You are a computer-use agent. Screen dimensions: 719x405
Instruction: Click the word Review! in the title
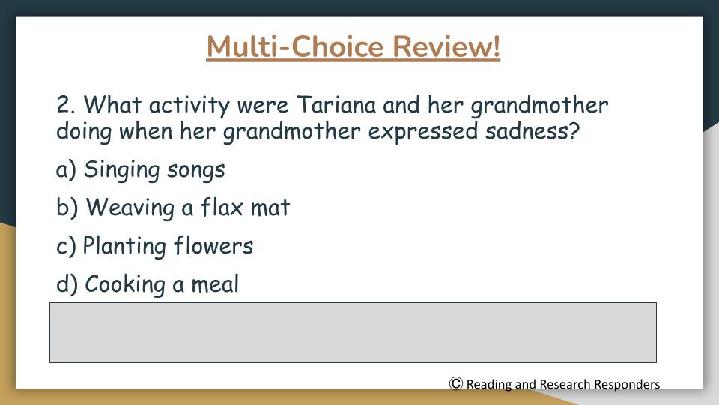(446, 46)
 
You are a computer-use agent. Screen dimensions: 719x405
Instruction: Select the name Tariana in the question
(336, 105)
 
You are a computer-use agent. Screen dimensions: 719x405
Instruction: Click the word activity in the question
(189, 106)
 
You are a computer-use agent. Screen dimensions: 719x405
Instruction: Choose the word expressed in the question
(422, 133)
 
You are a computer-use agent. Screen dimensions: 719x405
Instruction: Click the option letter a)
(66, 169)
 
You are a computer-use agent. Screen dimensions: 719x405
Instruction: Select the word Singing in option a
(121, 170)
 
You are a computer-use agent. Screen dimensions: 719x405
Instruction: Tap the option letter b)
(67, 208)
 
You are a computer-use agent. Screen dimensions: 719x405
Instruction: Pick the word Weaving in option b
(130, 208)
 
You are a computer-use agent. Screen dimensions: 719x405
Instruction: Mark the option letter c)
(66, 246)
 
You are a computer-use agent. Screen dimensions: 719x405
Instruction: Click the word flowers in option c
(213, 245)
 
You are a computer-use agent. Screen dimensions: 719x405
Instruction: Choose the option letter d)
(67, 283)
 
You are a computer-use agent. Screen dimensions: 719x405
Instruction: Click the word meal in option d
(215, 283)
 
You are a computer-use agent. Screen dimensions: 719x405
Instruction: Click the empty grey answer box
(353, 332)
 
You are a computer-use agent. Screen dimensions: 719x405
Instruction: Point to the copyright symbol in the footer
(456, 383)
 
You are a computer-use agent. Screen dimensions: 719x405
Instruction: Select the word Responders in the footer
(627, 384)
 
